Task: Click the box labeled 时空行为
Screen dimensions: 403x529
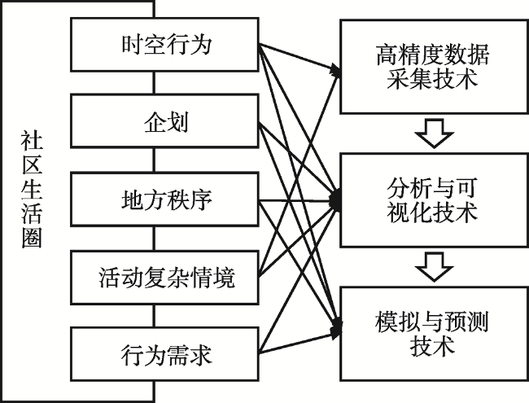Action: click(164, 44)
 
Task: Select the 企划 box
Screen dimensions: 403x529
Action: click(164, 123)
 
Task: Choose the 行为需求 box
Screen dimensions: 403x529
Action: click(164, 355)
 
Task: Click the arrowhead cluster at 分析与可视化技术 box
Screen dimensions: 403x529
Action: click(335, 200)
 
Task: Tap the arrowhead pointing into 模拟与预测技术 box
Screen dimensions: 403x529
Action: click(335, 331)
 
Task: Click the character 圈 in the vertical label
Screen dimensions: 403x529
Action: click(31, 240)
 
